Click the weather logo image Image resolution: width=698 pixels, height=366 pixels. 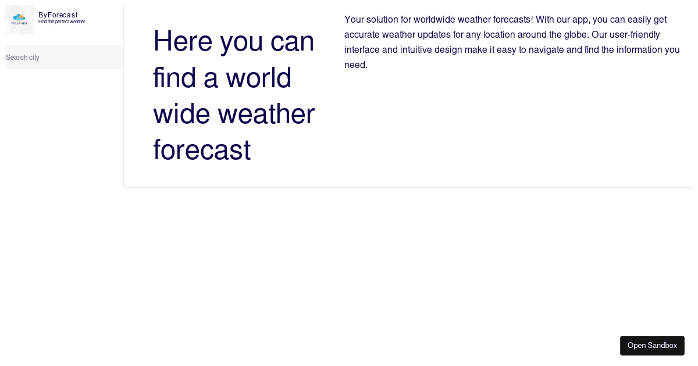[x=19, y=19]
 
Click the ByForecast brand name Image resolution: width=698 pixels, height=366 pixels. [x=58, y=15]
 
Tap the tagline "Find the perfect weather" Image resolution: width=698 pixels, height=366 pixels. [x=62, y=22]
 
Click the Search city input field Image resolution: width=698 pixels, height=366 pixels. [x=63, y=58]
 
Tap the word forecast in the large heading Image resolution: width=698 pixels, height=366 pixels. [x=201, y=150]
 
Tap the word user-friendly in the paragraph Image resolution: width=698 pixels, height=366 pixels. [x=634, y=35]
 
